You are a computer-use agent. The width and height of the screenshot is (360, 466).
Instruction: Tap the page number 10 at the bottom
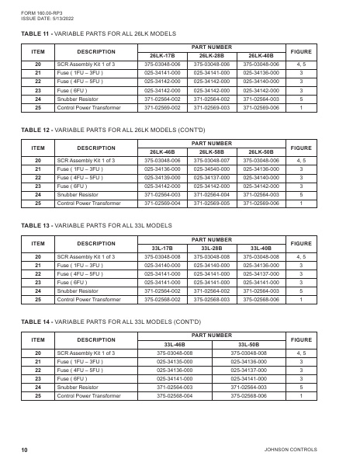coord(25,450)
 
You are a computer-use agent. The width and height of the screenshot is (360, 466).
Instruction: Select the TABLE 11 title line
coord(98,34)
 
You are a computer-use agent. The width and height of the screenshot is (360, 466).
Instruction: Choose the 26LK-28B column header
coord(211,56)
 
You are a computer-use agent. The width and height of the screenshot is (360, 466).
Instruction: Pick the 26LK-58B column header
coord(211,151)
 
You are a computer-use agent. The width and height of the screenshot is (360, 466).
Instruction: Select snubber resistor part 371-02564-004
coord(211,194)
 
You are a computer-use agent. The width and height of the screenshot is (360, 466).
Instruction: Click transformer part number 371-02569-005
coord(211,203)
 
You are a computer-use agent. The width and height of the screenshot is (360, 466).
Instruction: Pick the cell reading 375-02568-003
coord(211,298)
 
